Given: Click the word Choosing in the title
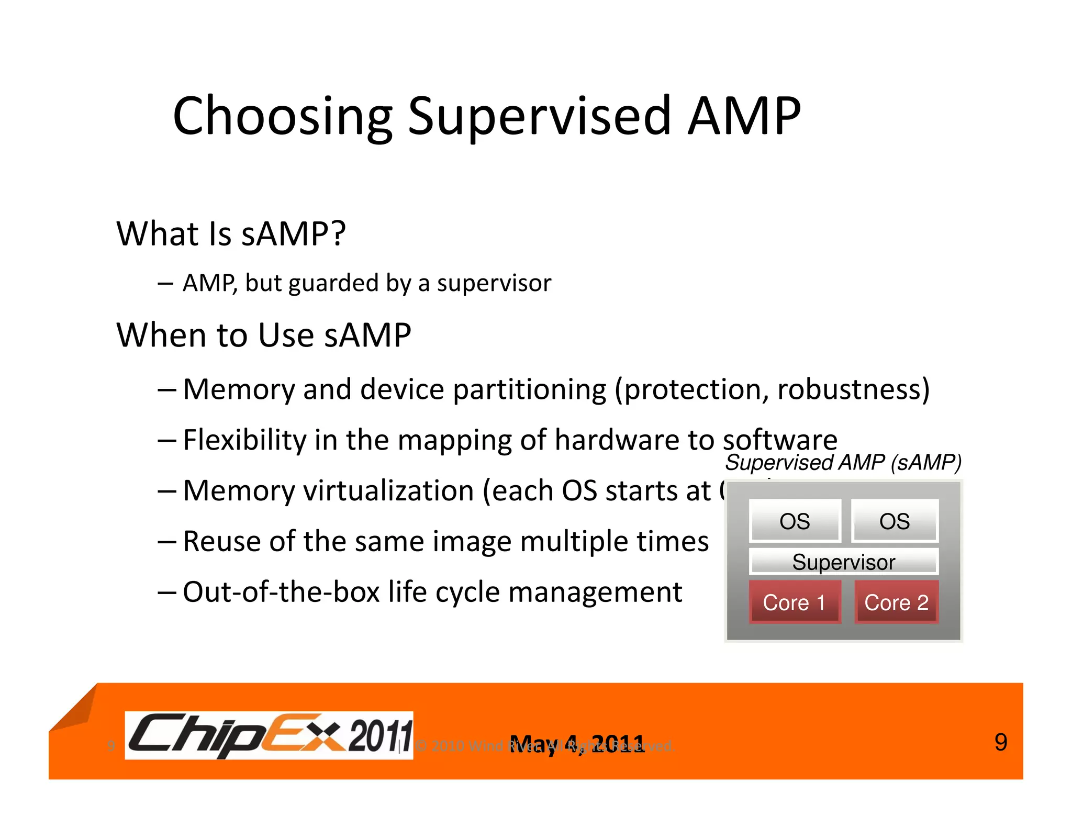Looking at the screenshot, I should [x=282, y=116].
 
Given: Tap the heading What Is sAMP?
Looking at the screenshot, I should [x=231, y=233].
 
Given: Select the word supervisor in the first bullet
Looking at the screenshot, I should [x=494, y=283].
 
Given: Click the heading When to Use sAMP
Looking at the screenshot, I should [x=263, y=335].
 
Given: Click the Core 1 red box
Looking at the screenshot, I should [x=794, y=602].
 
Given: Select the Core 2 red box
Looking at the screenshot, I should [x=896, y=602].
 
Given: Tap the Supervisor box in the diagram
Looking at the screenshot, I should [x=843, y=562].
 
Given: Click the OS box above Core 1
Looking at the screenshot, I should [x=795, y=521].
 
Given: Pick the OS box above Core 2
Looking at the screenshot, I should [x=894, y=521].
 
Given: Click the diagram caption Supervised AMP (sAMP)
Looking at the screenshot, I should [x=843, y=463].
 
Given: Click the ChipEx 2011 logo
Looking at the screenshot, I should [x=269, y=735].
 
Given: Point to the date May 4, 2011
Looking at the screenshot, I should [x=577, y=744].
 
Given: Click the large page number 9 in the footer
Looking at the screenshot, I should [x=1000, y=742].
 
